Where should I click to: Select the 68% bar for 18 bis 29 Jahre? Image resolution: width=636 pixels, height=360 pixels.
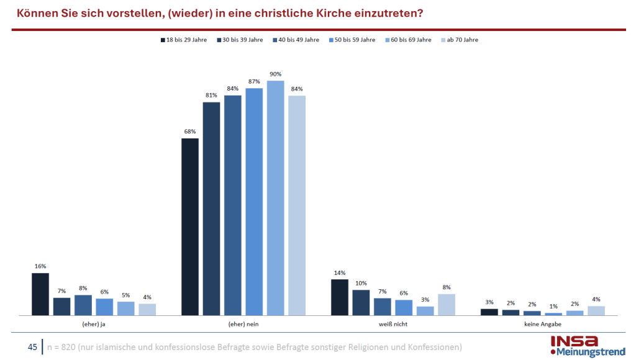point(190,227)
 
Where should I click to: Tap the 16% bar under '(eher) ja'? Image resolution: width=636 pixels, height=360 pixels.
point(40,294)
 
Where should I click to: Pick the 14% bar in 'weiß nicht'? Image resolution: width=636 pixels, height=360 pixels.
point(340,297)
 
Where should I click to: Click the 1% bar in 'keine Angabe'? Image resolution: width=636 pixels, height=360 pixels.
point(553,314)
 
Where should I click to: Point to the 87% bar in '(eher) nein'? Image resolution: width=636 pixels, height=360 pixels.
point(254,202)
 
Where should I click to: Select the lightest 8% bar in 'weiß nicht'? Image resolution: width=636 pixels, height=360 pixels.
point(447,305)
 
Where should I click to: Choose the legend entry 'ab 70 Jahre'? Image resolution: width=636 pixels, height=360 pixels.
point(462,40)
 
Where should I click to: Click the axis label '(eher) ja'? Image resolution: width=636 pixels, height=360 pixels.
point(94,323)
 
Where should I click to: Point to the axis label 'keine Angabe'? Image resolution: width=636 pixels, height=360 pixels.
point(543,323)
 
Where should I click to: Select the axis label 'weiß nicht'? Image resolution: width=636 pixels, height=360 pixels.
point(393,323)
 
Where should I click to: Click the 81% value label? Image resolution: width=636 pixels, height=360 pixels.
point(211,95)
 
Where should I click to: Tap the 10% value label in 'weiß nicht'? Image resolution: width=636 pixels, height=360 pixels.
point(361,283)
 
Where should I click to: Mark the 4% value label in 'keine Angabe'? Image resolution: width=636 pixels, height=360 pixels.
point(596,299)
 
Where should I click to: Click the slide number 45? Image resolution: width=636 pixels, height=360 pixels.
point(33,346)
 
